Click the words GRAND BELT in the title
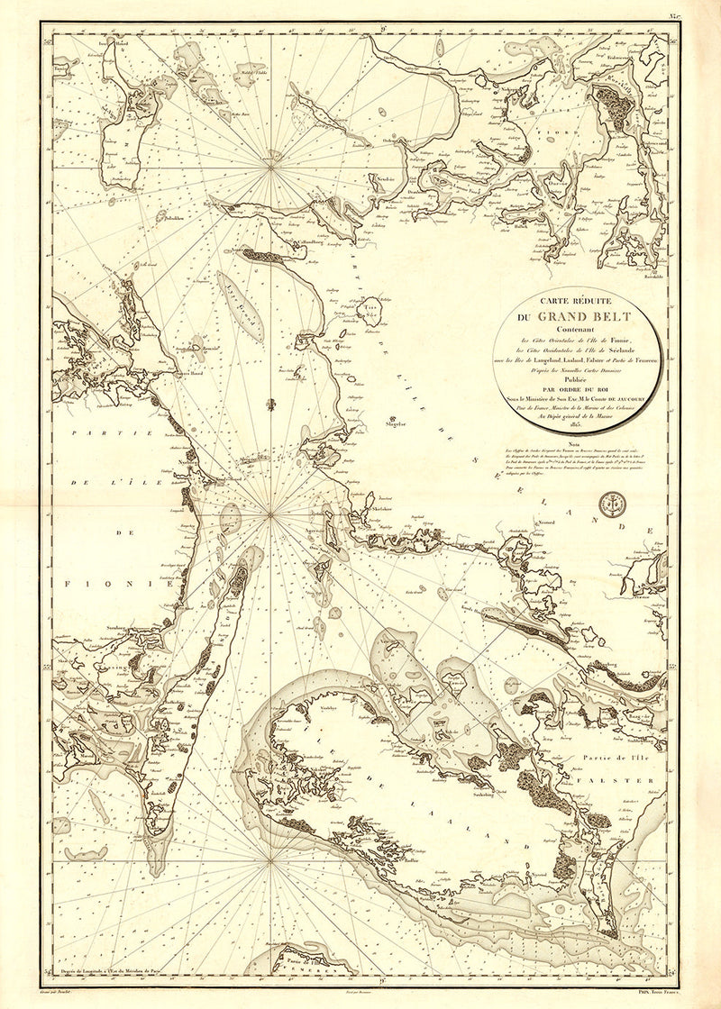pyautogui.click(x=585, y=316)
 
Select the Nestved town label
pyautogui.click(x=546, y=521)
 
